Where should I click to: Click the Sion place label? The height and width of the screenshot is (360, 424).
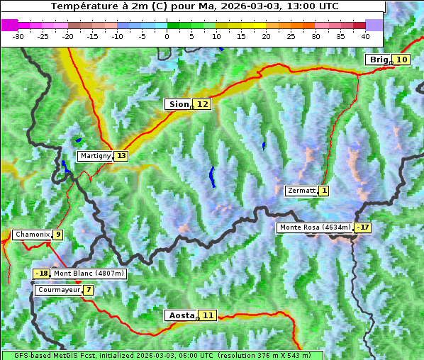point(178,104)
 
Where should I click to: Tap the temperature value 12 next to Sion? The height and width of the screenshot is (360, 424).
point(203,104)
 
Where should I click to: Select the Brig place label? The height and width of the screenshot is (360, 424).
point(379,60)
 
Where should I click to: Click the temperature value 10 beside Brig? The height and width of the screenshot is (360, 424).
point(401,60)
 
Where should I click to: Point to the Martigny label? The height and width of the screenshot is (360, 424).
point(94,156)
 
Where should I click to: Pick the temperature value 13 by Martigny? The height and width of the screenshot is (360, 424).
point(121,156)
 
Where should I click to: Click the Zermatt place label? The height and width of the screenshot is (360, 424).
point(301,191)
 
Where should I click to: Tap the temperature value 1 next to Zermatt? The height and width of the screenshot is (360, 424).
point(324,191)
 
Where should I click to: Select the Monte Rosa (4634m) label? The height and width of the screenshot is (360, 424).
point(315,227)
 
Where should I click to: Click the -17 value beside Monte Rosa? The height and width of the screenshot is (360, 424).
point(364,227)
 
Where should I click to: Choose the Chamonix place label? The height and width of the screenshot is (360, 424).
point(31,235)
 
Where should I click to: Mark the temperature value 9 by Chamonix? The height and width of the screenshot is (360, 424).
point(57,235)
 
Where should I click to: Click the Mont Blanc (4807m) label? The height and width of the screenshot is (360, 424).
point(89,274)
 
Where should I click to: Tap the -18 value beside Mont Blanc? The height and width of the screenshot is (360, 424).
point(42,274)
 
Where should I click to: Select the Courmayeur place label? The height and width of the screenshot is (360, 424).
point(58,290)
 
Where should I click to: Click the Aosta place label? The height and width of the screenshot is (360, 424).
point(180,315)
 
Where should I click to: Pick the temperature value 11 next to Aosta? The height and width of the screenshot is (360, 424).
point(207,315)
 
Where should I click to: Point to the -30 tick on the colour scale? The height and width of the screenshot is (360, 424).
point(18,35)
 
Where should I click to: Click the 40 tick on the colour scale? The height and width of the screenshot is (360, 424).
point(365,35)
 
